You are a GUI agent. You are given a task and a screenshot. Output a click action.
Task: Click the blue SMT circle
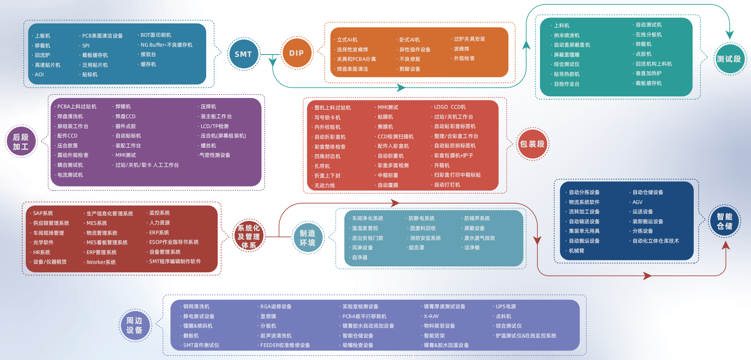coord(243,54)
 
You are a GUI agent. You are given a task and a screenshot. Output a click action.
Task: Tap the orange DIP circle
coord(296,53)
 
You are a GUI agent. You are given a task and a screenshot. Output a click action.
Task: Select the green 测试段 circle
coord(729,59)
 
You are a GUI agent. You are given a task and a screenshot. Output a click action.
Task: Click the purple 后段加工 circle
coord(21,141)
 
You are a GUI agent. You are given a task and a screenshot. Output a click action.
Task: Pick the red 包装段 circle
coord(532,144)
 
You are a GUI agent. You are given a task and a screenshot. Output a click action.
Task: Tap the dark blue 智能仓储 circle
coord(725,221)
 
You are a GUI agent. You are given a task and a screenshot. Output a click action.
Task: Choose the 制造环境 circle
coord(307,238)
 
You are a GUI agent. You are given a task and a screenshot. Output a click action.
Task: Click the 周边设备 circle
coord(135,325)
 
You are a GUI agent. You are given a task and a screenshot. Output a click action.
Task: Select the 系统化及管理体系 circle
coord(248,236)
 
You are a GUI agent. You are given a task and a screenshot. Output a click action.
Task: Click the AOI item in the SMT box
coord(40,75)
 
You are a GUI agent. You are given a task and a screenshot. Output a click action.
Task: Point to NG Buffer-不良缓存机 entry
coord(166,45)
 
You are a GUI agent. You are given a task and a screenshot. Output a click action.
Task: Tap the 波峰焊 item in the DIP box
coord(461,49)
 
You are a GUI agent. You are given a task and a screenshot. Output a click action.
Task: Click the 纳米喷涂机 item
coord(567,36)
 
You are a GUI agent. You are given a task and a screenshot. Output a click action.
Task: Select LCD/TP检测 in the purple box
coord(215,126)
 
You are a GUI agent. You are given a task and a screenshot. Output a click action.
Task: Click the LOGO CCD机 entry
coord(450,107)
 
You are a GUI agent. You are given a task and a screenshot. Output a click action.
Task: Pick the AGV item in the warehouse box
coord(637,202)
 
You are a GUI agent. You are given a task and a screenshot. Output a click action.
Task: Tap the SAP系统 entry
coord(43,213)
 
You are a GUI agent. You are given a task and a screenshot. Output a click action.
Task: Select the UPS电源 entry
coord(506,307)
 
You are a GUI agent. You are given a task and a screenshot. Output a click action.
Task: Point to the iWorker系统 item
coord(101,262)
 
